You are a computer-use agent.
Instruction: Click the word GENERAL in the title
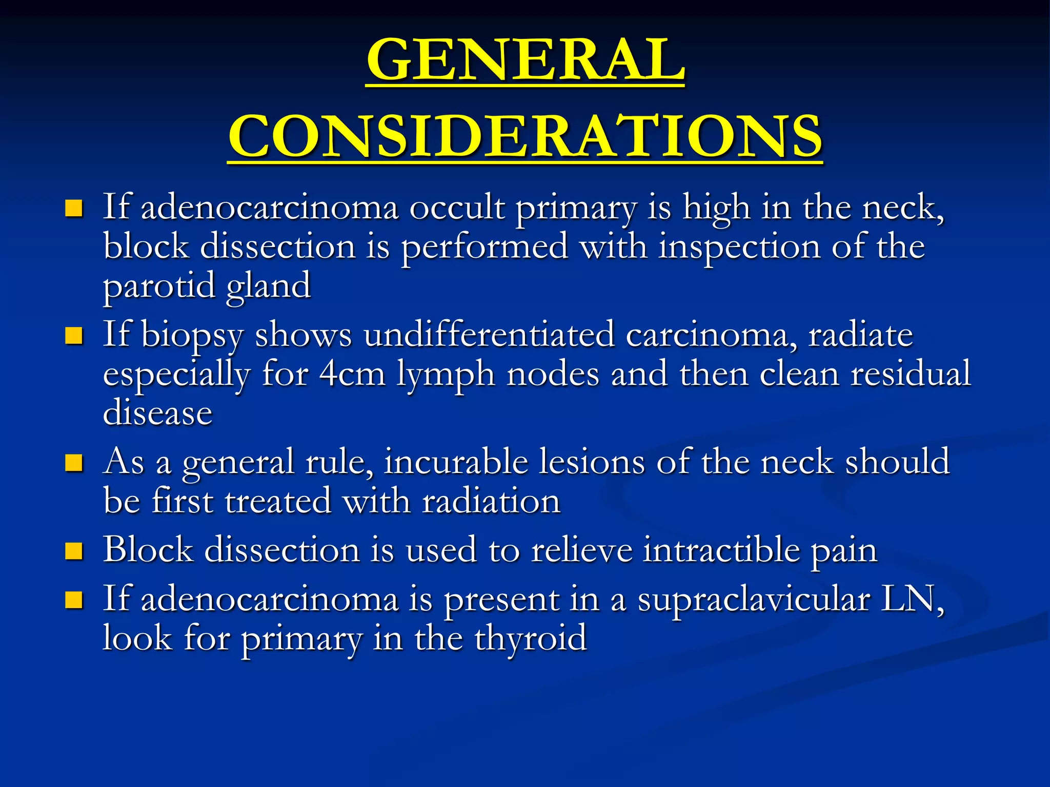pyautogui.click(x=526, y=60)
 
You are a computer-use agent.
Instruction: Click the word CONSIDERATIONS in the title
pyautogui.click(x=526, y=136)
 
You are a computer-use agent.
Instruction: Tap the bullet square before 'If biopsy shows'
pyautogui.click(x=74, y=336)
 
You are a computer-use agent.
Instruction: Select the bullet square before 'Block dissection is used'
pyautogui.click(x=74, y=551)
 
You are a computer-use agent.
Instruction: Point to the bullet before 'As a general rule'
pyautogui.click(x=74, y=463)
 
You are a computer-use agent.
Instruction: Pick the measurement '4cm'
pyautogui.click(x=352, y=374)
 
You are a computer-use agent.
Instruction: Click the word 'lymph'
pyautogui.click(x=446, y=374)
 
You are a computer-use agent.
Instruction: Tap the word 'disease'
pyautogui.click(x=157, y=413)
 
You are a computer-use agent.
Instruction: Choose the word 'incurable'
pyautogui.click(x=456, y=462)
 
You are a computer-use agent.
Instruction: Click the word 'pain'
pyautogui.click(x=843, y=550)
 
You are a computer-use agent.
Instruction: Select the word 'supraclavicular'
pyautogui.click(x=753, y=599)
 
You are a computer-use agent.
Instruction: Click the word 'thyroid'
pyautogui.click(x=530, y=638)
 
